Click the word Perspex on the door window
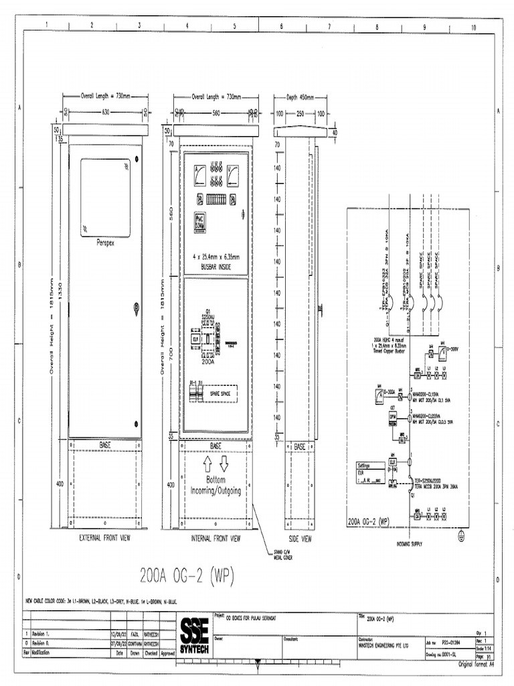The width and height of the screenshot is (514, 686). [x=106, y=242]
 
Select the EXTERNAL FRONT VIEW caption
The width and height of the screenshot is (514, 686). [x=104, y=538]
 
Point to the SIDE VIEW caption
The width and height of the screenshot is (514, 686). [x=300, y=538]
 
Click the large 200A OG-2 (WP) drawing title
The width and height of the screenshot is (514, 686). [x=187, y=575]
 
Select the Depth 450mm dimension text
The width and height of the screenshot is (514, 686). [x=300, y=97]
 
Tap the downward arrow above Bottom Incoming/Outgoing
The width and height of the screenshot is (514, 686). [x=224, y=464]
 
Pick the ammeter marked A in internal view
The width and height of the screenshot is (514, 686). [x=199, y=177]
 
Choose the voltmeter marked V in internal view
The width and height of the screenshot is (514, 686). [x=233, y=177]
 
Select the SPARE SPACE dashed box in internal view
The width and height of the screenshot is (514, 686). [x=220, y=395]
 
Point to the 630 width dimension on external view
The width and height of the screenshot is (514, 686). [x=105, y=112]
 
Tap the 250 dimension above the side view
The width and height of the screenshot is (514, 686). [x=301, y=113]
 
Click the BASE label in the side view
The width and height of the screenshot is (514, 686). [x=300, y=446]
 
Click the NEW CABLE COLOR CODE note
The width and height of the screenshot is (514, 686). [x=100, y=601]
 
